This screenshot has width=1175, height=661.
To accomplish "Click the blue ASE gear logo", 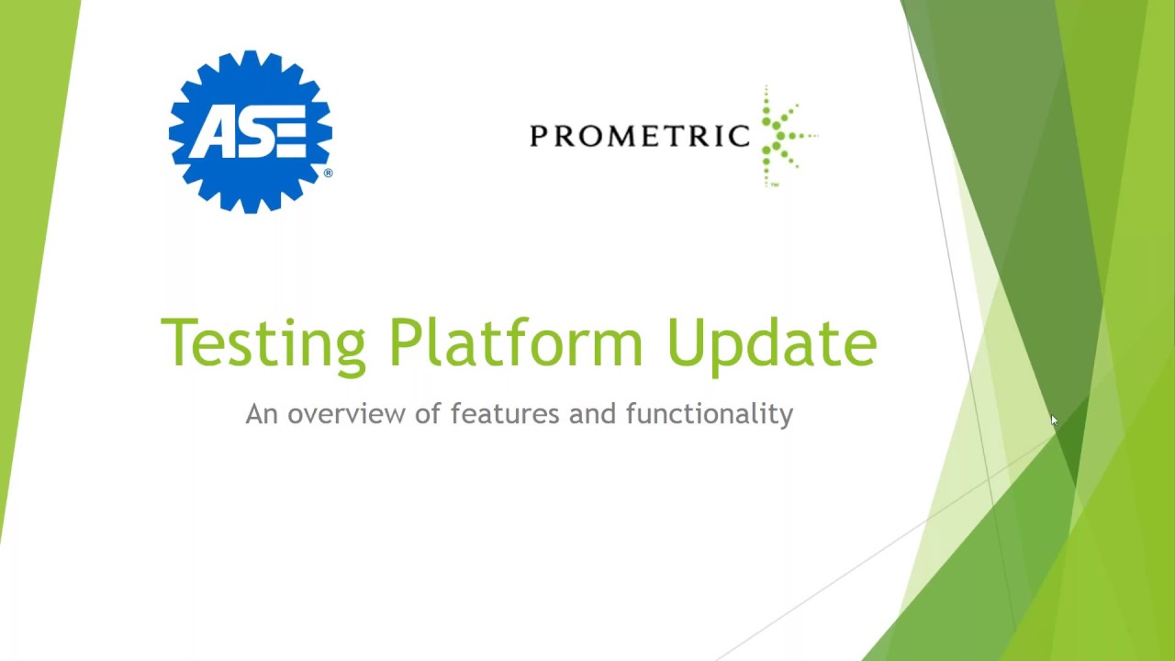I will click(x=250, y=131).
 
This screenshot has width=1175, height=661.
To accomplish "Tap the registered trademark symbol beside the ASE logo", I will click(x=328, y=173).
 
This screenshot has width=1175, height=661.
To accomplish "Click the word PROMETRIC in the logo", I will click(x=640, y=137).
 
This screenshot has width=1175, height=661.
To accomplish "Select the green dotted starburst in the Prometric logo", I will click(x=783, y=136).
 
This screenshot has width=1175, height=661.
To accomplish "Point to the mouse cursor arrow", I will click(x=1054, y=420).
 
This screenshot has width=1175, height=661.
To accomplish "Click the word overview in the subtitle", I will click(x=347, y=414).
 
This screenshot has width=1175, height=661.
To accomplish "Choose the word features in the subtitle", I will click(x=505, y=414).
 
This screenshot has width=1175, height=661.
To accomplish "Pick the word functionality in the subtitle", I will click(x=709, y=414).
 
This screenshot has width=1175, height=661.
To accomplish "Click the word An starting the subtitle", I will click(x=261, y=414).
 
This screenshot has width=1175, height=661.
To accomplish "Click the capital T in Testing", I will click(x=180, y=342).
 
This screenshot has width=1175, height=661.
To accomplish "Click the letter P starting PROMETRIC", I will click(x=538, y=137).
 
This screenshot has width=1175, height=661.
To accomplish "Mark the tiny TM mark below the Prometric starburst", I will click(x=775, y=185).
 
